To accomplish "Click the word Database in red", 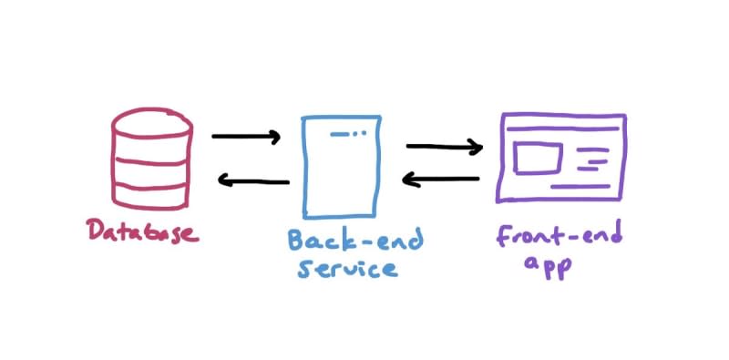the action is click(143, 231).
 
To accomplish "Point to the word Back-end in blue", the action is click(355, 241).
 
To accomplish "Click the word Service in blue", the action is click(348, 267).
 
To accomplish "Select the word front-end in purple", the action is click(559, 237).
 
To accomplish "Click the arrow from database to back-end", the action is click(246, 137).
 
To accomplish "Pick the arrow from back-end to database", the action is click(253, 180).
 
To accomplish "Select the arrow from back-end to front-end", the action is click(445, 147).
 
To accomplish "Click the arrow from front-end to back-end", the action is click(440, 179).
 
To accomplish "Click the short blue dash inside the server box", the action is click(340, 134).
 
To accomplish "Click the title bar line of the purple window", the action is click(563, 129).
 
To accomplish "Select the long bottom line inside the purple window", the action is click(580, 187).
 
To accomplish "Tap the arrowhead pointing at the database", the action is click(224, 180).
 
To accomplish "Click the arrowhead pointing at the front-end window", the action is click(476, 148).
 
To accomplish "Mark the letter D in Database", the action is click(96, 230).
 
